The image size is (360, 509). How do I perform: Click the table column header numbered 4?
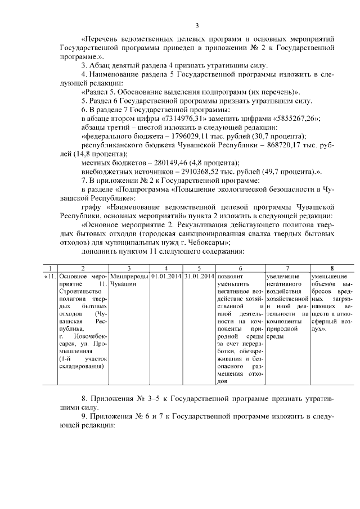166,268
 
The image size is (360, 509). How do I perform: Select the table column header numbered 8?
332,268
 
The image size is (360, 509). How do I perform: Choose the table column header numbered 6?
240,268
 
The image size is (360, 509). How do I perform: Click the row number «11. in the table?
49,276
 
